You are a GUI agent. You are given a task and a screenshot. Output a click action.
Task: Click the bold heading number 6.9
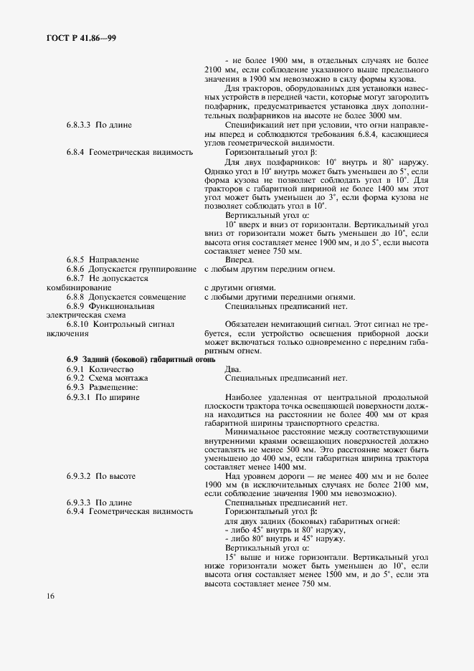tap(72, 359)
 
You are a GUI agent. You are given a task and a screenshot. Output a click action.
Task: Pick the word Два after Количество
tap(233, 368)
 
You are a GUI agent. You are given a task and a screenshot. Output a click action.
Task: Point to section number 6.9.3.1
tap(80, 396)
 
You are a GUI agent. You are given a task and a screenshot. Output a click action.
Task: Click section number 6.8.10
tap(80, 324)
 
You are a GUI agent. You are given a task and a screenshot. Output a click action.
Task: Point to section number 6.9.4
tap(77, 511)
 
